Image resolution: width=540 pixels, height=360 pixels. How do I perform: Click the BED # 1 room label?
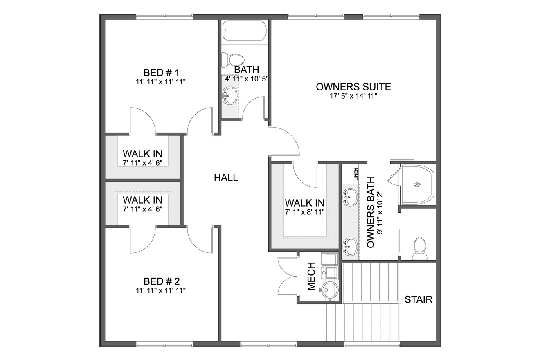[x=161, y=73]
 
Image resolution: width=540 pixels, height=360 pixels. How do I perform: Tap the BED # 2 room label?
[x=161, y=281]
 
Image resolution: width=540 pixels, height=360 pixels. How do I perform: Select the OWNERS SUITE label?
[x=353, y=87]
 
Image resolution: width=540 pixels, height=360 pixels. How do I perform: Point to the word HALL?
[x=226, y=178]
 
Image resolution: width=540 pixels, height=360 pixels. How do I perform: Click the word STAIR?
[x=418, y=299]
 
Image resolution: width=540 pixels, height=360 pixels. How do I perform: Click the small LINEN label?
[x=356, y=174]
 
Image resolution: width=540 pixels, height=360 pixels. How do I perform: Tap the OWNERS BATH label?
[x=371, y=213]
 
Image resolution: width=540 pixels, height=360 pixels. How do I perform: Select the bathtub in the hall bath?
[x=244, y=31]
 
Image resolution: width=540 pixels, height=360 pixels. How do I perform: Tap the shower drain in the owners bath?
[x=417, y=184]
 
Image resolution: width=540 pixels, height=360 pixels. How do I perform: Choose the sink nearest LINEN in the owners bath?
[x=350, y=197]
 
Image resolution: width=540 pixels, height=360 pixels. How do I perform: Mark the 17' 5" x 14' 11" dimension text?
[x=353, y=96]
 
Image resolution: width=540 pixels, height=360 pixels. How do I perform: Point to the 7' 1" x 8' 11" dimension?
[x=304, y=212]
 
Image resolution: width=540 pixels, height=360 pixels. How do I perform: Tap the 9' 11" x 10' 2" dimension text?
[x=380, y=213]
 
